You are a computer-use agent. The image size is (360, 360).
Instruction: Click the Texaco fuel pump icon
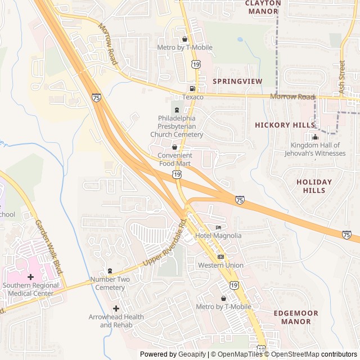pos(192,89)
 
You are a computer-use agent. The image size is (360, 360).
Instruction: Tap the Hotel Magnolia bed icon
pos(218,227)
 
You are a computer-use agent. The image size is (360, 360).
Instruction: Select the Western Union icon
pos(220,256)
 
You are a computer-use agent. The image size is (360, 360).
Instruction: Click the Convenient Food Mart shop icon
pos(174,147)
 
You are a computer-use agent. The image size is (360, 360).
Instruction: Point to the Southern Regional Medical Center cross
pos(30,277)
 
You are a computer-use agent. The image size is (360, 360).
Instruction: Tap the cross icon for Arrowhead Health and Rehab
pos(116,308)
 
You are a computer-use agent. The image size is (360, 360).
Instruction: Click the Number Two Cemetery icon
pos(110,271)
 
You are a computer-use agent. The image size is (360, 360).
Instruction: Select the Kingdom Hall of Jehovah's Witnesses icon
pos(315,137)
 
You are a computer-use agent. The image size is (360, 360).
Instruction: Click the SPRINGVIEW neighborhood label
pos(237,82)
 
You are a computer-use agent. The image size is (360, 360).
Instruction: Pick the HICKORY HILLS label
pos(284,125)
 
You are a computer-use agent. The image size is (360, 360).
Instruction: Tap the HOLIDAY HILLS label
pos(314,186)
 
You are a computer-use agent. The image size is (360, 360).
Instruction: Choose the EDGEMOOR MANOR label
pos(295,317)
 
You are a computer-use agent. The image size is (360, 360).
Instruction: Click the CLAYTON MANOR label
pos(263,7)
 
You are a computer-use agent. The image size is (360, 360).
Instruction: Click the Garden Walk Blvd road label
pos(48,246)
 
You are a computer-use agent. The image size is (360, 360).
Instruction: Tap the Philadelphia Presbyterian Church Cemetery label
pos(177,127)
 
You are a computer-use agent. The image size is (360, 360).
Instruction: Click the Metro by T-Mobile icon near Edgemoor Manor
pos(223,298)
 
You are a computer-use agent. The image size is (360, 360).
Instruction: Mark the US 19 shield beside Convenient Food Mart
pos(178,175)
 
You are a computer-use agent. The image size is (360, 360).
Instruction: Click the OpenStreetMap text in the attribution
pos(292,354)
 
